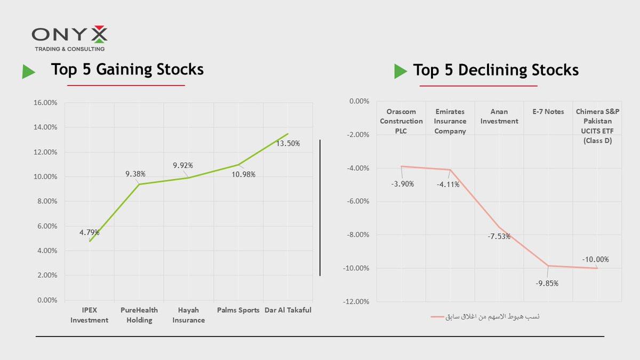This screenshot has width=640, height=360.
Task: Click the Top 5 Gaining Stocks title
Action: [x=127, y=70]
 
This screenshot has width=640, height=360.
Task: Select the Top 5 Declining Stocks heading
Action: [x=495, y=70]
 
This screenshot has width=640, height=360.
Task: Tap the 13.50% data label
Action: [x=288, y=143]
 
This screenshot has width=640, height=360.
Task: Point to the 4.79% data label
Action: [x=89, y=232]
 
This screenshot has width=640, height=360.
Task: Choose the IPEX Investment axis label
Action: [x=89, y=315]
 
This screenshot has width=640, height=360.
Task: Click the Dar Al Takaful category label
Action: [x=288, y=310]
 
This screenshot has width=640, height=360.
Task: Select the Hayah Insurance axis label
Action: [x=189, y=315]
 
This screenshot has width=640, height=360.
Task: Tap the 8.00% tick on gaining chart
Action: [x=46, y=202]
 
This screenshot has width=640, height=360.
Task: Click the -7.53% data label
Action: [x=499, y=236]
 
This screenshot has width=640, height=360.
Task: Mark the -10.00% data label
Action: [x=595, y=260]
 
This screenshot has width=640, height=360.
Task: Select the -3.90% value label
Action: [x=403, y=184]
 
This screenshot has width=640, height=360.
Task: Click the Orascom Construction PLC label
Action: [x=401, y=122]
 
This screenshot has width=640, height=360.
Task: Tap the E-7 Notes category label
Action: [x=548, y=112]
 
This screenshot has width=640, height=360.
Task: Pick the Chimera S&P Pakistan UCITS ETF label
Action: [x=597, y=126]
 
